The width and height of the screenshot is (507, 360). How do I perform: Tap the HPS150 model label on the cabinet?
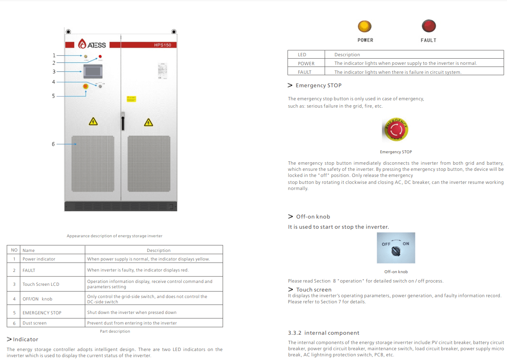point(162,45)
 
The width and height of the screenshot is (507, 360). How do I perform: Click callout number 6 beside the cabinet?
point(53,144)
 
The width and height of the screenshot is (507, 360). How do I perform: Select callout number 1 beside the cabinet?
point(53,55)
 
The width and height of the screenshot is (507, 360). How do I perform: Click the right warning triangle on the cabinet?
point(148,122)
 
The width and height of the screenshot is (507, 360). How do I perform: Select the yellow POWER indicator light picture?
point(365,26)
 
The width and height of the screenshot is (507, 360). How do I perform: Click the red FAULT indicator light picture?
point(428,26)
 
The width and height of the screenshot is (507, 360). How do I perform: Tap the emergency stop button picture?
point(396,130)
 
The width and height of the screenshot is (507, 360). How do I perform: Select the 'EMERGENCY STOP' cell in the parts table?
point(42,313)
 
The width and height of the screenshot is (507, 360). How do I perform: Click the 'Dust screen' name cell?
point(35,323)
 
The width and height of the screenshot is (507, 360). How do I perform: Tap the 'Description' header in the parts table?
point(159,250)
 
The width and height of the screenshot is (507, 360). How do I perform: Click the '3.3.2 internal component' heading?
point(323,333)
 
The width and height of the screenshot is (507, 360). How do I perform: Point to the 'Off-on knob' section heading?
point(313,216)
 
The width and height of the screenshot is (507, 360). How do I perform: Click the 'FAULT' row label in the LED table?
point(305,72)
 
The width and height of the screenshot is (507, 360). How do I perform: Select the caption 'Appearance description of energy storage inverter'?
point(115,236)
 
